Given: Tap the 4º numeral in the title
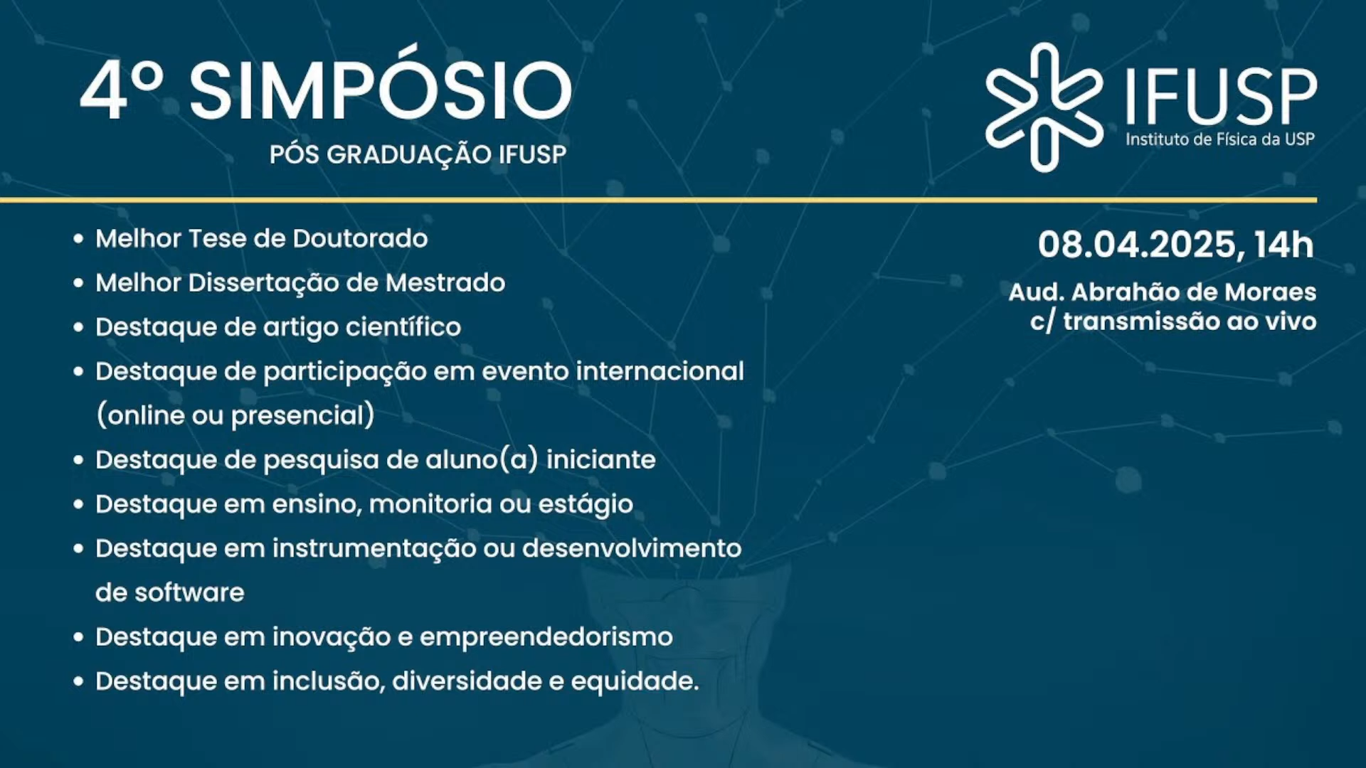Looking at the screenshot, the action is (x=122, y=90).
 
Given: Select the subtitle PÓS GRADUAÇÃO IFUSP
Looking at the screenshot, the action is (x=418, y=154).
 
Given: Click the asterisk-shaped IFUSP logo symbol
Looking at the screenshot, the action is (x=1044, y=107).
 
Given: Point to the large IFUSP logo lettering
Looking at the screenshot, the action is (x=1221, y=96).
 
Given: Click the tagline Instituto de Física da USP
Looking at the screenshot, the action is (x=1220, y=139).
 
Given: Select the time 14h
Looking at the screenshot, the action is (x=1284, y=245).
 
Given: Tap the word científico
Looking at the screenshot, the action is (x=403, y=327).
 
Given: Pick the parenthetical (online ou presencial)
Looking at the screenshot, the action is (x=235, y=415).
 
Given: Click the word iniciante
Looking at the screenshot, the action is (x=600, y=459).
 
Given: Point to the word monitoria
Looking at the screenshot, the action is (x=430, y=504).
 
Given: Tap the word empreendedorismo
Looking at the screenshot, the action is (x=546, y=637).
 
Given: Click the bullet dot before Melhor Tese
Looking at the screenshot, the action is (x=78, y=239).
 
